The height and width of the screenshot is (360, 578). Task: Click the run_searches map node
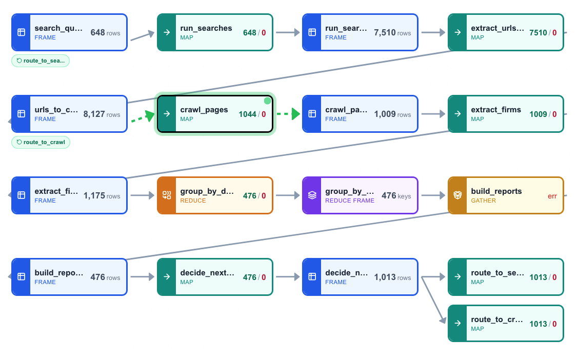point(215,32)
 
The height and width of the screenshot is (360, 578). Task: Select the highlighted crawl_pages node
point(215,114)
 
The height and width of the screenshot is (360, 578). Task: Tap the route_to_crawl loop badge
point(41,142)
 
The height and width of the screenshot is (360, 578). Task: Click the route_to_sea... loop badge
point(41,61)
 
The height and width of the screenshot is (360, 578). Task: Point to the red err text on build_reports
point(552,196)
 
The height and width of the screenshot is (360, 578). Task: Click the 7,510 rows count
point(392,33)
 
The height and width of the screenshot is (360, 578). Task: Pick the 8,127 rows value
point(102,114)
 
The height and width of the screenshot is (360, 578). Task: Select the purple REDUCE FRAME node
point(360,195)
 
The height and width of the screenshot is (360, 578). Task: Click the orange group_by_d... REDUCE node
point(215,195)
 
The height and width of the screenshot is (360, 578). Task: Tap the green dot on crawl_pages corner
point(267,101)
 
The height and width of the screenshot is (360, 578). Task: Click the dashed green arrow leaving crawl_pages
point(288,114)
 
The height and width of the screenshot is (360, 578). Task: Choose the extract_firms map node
point(506,114)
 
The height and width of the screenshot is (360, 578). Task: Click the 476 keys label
point(396,195)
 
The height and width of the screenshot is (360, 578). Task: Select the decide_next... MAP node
point(215,277)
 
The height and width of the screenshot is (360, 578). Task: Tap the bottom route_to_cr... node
point(506,323)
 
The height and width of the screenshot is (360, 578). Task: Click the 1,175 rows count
point(102,196)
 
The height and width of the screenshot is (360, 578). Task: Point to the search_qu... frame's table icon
point(21,32)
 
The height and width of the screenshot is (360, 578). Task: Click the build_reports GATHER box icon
point(457,195)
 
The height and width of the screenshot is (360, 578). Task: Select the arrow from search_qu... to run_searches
point(142,35)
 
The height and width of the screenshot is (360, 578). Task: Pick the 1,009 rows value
point(392,114)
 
